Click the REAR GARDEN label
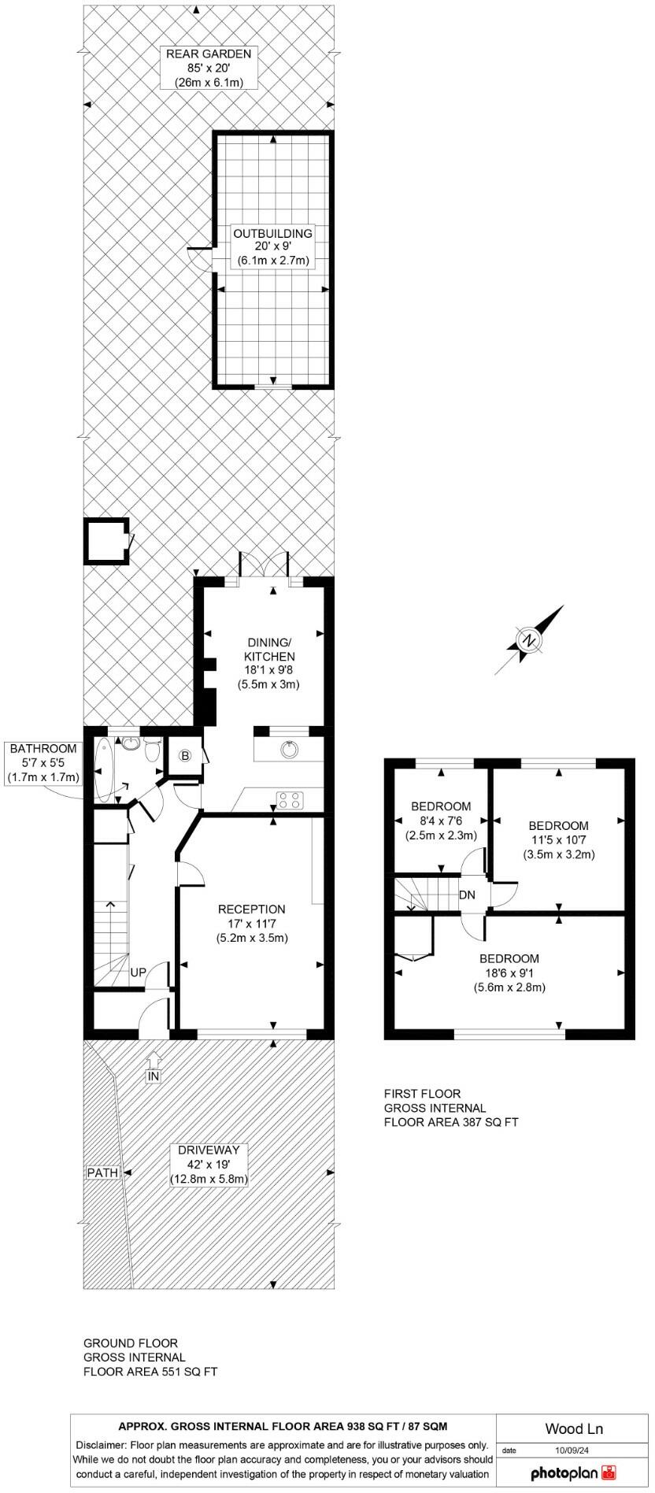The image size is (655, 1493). (208, 54)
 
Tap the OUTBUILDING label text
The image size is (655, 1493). (272, 234)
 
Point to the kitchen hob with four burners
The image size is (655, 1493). (289, 800)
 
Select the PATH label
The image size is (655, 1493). (102, 1173)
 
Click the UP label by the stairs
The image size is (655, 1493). (138, 972)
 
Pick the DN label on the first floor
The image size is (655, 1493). (467, 895)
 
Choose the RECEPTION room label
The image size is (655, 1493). (251, 910)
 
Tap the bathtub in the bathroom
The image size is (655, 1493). (103, 771)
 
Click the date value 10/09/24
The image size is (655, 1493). (572, 1449)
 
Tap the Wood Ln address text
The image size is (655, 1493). (574, 1428)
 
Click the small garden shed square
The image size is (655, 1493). (106, 540)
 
